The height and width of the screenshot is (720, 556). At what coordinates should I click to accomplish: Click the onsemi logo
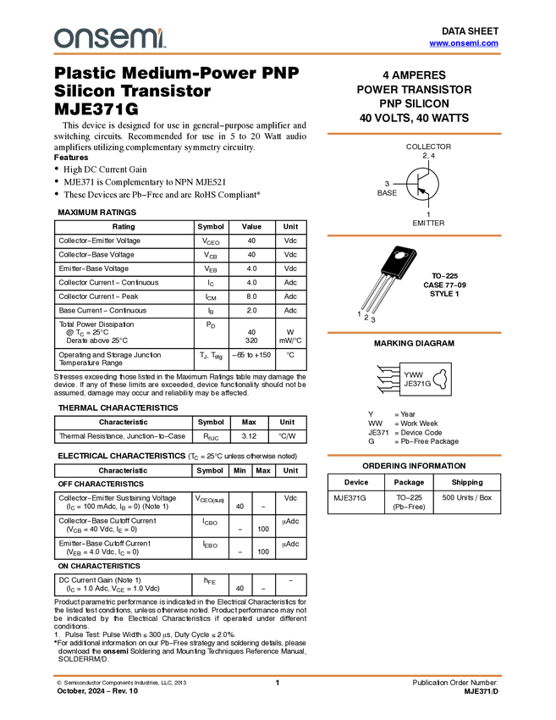pyautogui.click(x=109, y=38)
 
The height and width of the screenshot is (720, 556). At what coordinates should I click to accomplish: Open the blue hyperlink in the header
pyautogui.click(x=464, y=43)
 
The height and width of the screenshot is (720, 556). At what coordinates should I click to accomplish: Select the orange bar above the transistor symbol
pyautogui.click(x=414, y=134)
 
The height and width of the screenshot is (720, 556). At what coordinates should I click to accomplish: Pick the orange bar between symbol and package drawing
pyautogui.click(x=414, y=235)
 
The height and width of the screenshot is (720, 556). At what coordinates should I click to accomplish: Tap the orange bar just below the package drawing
pyautogui.click(x=414, y=333)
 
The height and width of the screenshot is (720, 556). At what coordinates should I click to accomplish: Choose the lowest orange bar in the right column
pyautogui.click(x=414, y=456)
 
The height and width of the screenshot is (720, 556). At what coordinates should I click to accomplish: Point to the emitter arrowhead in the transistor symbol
pyautogui.click(x=422, y=191)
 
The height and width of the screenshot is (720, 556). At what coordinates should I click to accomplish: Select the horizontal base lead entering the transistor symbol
pyautogui.click(x=411, y=184)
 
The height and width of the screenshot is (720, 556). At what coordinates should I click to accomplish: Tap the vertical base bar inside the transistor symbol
pyautogui.click(x=418, y=184)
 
